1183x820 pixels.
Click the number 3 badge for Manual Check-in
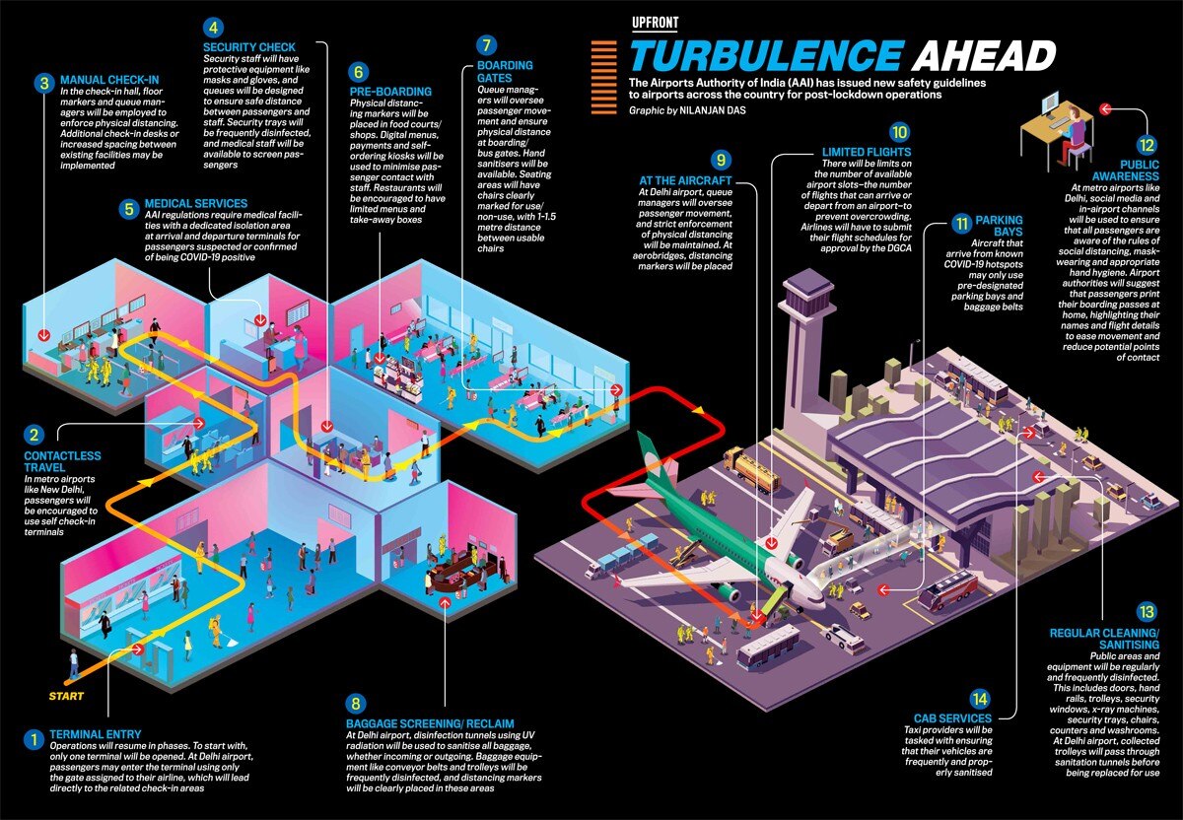pos(42,84)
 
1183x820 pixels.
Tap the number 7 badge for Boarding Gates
pos(483,45)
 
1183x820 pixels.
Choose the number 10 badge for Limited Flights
pos(898,131)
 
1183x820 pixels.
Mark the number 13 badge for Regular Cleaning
pos(1144,611)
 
